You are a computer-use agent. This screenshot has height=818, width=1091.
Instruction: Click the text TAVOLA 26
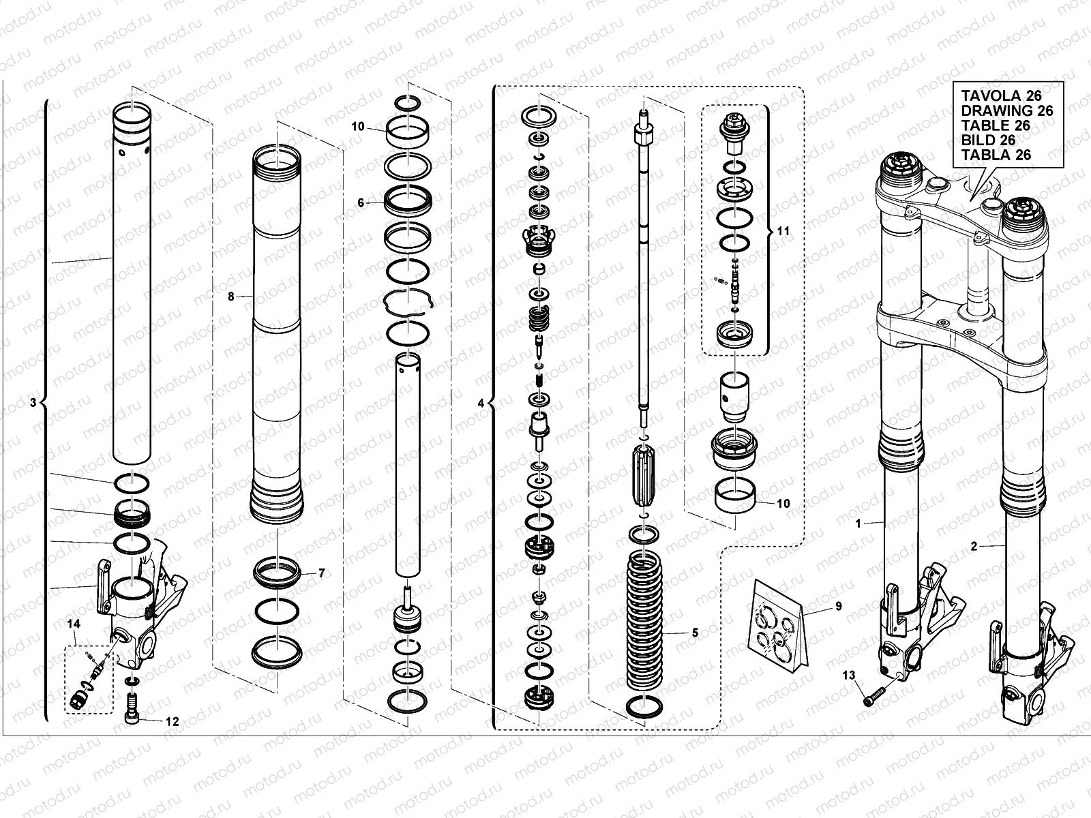(1002, 96)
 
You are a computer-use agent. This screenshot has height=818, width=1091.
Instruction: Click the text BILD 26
(988, 140)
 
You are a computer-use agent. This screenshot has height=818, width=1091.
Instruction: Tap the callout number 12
(173, 721)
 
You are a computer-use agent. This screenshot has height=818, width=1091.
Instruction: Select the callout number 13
(848, 676)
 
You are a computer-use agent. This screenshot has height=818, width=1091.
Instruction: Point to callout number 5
(695, 633)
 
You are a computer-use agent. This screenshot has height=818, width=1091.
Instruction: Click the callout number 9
(838, 606)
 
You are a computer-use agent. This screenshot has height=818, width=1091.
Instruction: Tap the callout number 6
(361, 202)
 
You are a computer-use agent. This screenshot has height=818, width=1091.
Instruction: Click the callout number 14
(74, 624)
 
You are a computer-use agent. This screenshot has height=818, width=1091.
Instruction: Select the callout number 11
(783, 232)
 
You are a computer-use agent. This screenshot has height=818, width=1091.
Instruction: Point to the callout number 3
(33, 404)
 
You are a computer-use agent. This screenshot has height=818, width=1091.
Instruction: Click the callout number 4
(481, 404)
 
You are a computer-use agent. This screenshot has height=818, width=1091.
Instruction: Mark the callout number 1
(859, 524)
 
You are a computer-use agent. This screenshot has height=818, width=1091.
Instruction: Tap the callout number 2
(974, 546)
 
